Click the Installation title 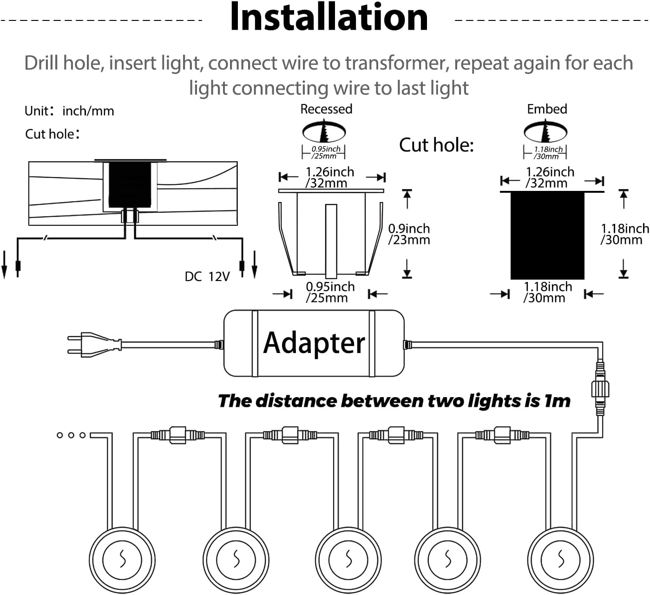[x=328, y=18]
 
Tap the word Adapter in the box [x=314, y=343]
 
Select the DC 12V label [x=207, y=277]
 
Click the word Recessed [x=326, y=109]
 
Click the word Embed [x=547, y=109]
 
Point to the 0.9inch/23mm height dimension [x=409, y=234]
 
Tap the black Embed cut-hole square [x=547, y=235]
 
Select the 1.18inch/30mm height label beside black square [x=624, y=234]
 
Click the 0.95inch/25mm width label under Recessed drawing [x=329, y=292]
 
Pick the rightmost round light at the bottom [x=560, y=559]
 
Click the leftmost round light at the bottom [x=122, y=559]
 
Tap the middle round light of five [x=348, y=559]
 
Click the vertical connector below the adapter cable [x=599, y=388]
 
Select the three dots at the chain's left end [x=71, y=435]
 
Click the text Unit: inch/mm [x=69, y=111]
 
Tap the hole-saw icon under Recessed [x=324, y=131]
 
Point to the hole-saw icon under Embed [x=545, y=131]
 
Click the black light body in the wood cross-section [x=130, y=184]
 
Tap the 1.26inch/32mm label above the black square [x=549, y=177]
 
